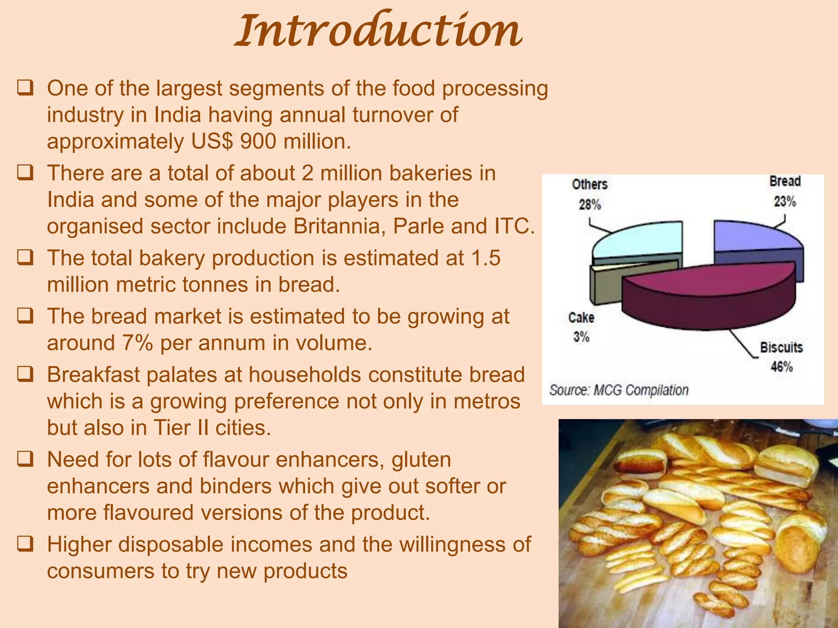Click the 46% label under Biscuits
pyautogui.click(x=782, y=367)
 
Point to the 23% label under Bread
pyautogui.click(x=784, y=202)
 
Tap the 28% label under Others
pyautogui.click(x=590, y=204)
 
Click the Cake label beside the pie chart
pyautogui.click(x=581, y=318)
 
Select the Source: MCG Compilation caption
pyautogui.click(x=619, y=390)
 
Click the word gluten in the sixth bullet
pyautogui.click(x=421, y=460)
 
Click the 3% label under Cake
pyautogui.click(x=581, y=337)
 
